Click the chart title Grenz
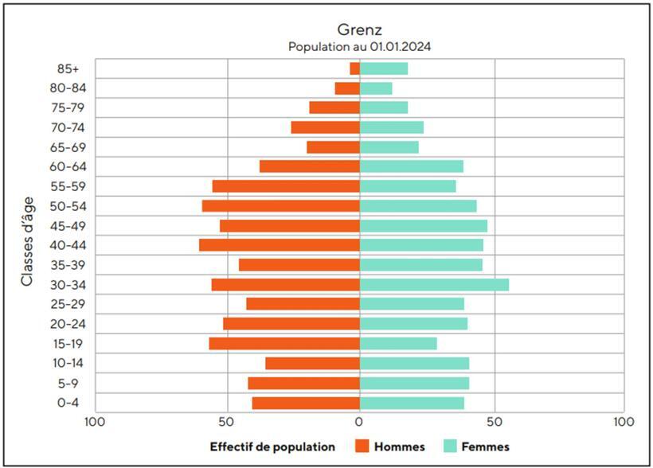point(360,30)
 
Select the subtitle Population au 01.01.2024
point(360,47)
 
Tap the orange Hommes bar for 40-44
point(280,245)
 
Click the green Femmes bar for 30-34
point(434,285)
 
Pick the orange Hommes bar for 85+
point(355,68)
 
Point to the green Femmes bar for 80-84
point(376,88)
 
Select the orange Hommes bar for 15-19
point(284,344)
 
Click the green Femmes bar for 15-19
point(398,344)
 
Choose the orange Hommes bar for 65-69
point(334,147)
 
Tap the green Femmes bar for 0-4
point(412,403)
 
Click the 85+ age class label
point(68,68)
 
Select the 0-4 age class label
point(68,403)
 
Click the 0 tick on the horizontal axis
point(360,420)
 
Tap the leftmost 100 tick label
point(96,420)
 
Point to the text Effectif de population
point(272,447)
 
